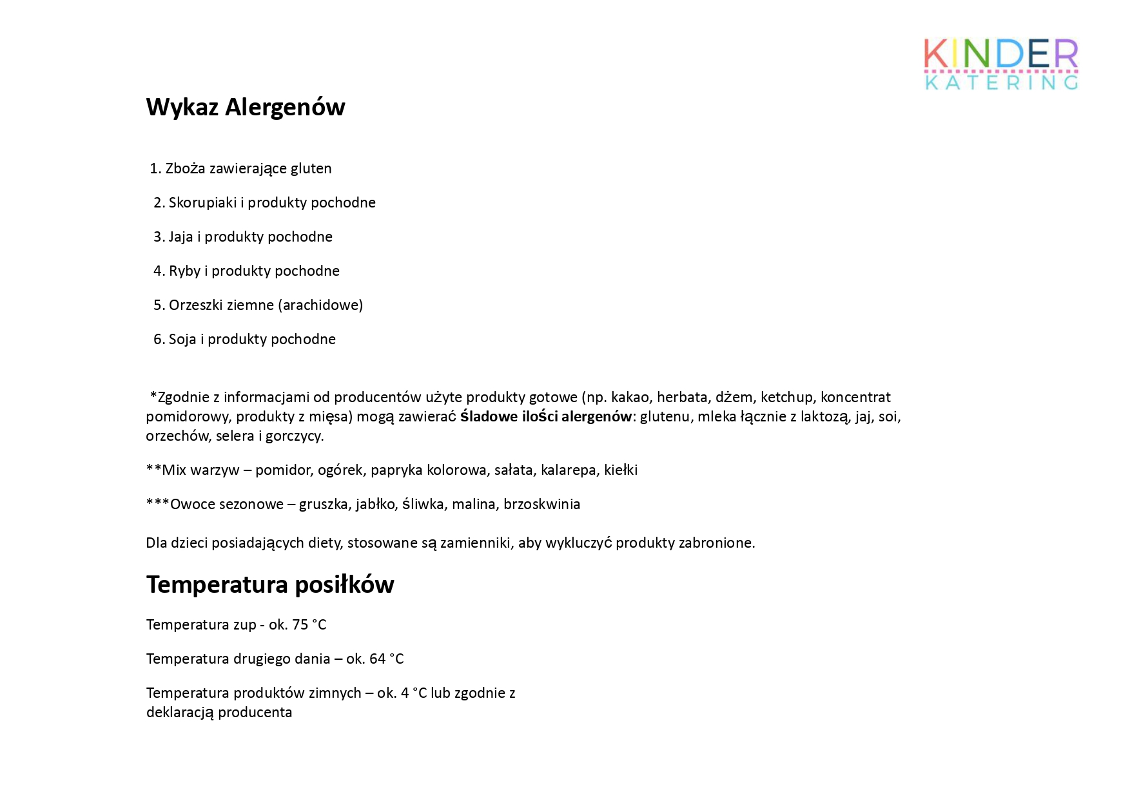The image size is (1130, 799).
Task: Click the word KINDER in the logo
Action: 1000,54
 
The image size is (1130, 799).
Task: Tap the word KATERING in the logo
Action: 1001,82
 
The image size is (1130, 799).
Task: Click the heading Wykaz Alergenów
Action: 246,107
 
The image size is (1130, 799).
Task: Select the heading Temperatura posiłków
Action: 270,584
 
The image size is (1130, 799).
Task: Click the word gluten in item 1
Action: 311,169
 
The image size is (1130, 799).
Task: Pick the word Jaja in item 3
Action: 180,237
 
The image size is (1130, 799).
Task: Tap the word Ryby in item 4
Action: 184,271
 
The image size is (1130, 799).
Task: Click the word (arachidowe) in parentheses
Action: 320,305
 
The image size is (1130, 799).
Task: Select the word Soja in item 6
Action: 182,340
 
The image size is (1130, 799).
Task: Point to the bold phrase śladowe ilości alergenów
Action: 545,417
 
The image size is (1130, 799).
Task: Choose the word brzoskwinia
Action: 541,505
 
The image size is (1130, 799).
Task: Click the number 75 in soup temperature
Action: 300,625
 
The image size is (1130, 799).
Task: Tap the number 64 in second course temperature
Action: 377,659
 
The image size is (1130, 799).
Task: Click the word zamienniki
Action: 475,543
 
